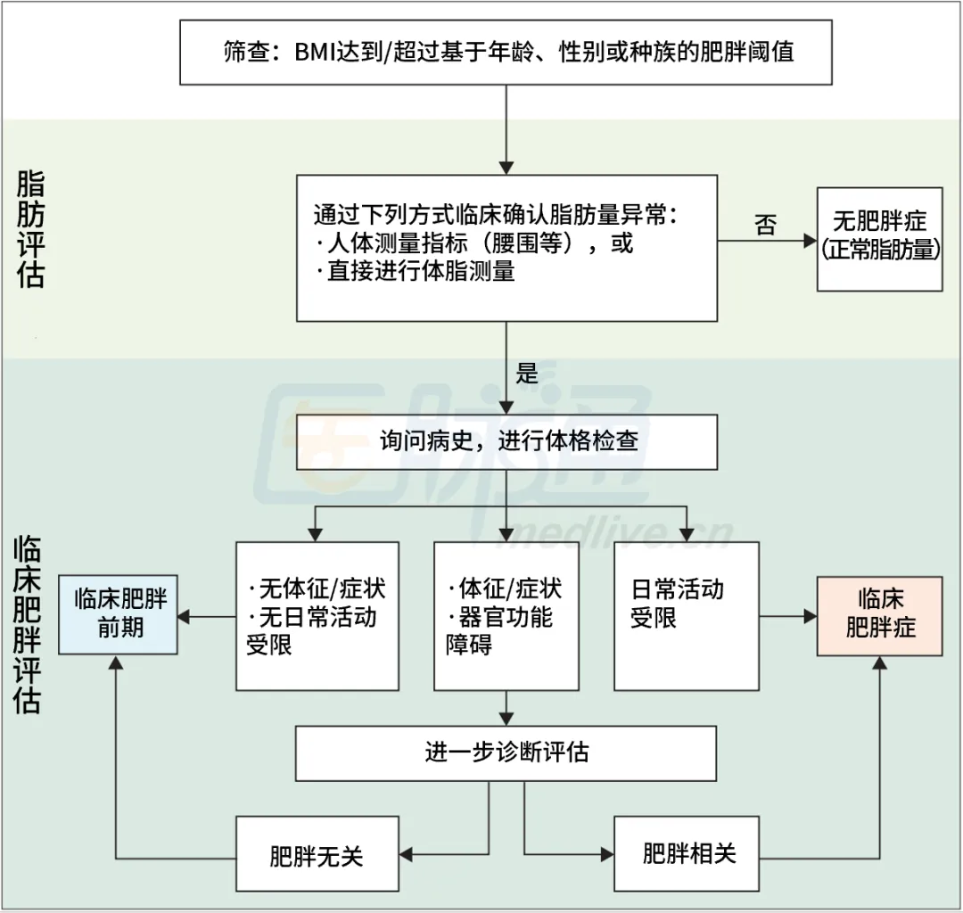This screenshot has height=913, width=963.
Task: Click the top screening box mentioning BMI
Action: pyautogui.click(x=506, y=51)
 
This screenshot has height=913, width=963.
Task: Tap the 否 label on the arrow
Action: pyautogui.click(x=765, y=225)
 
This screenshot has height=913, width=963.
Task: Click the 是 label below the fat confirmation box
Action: pyautogui.click(x=527, y=373)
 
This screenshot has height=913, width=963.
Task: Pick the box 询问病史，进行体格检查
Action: pyautogui.click(x=506, y=441)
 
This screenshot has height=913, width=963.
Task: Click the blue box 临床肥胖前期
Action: pyautogui.click(x=119, y=615)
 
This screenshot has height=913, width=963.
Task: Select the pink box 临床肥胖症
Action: pyautogui.click(x=879, y=615)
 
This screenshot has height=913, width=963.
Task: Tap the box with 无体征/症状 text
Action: pyautogui.click(x=317, y=615)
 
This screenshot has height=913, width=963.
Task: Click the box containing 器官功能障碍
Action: pyautogui.click(x=506, y=615)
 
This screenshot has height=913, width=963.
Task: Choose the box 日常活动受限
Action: pyautogui.click(x=686, y=615)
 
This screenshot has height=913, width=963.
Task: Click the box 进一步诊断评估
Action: pyautogui.click(x=506, y=753)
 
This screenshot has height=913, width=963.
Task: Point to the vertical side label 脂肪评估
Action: pyautogui.click(x=30, y=229)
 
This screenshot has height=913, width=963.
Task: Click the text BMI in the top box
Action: pyautogui.click(x=313, y=51)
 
